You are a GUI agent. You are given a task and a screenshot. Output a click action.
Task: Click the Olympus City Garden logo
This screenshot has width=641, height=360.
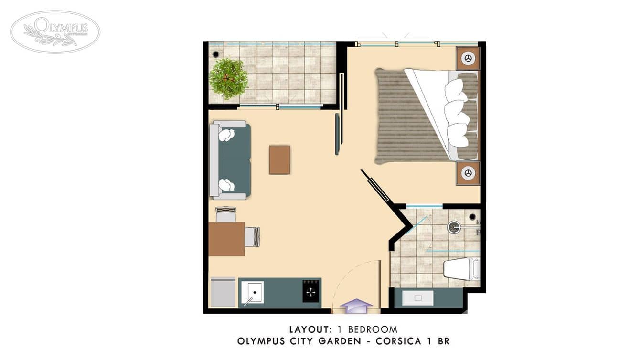[x=55, y=32]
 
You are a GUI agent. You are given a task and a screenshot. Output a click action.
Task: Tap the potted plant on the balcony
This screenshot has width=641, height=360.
[x=228, y=77]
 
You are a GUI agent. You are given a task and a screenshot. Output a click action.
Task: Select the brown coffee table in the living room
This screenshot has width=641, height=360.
[x=279, y=160]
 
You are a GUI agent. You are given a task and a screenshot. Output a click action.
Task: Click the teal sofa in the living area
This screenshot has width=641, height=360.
[x=234, y=160]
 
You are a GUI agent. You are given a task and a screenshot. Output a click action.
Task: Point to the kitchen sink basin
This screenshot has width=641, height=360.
[x=252, y=292]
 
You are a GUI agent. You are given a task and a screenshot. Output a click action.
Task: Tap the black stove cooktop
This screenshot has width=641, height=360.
[x=311, y=291]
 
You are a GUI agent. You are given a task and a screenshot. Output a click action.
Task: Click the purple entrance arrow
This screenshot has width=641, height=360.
[x=356, y=306]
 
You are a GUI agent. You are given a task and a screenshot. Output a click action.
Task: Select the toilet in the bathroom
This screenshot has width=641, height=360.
[x=460, y=269]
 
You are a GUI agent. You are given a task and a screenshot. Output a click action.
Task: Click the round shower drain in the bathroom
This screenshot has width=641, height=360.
[x=454, y=227]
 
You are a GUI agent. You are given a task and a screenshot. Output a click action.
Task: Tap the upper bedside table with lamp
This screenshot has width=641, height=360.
[x=468, y=58]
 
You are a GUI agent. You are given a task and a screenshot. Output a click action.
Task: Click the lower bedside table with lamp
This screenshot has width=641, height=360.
[x=468, y=173]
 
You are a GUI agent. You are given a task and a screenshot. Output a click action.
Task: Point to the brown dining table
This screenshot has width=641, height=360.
[x=226, y=239]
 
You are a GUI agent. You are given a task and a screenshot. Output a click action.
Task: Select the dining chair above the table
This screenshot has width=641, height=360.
[x=225, y=214]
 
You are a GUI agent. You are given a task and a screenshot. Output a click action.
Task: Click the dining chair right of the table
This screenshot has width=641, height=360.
[x=252, y=237]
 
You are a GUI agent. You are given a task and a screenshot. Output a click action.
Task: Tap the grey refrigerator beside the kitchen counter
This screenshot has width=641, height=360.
[x=223, y=292]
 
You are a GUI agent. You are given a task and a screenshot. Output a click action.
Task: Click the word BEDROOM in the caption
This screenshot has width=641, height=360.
[x=373, y=329]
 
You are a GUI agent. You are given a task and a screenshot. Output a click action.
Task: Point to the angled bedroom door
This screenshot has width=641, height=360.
[x=376, y=186]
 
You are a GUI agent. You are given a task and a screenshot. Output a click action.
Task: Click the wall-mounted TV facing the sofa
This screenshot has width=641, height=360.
[x=337, y=134]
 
